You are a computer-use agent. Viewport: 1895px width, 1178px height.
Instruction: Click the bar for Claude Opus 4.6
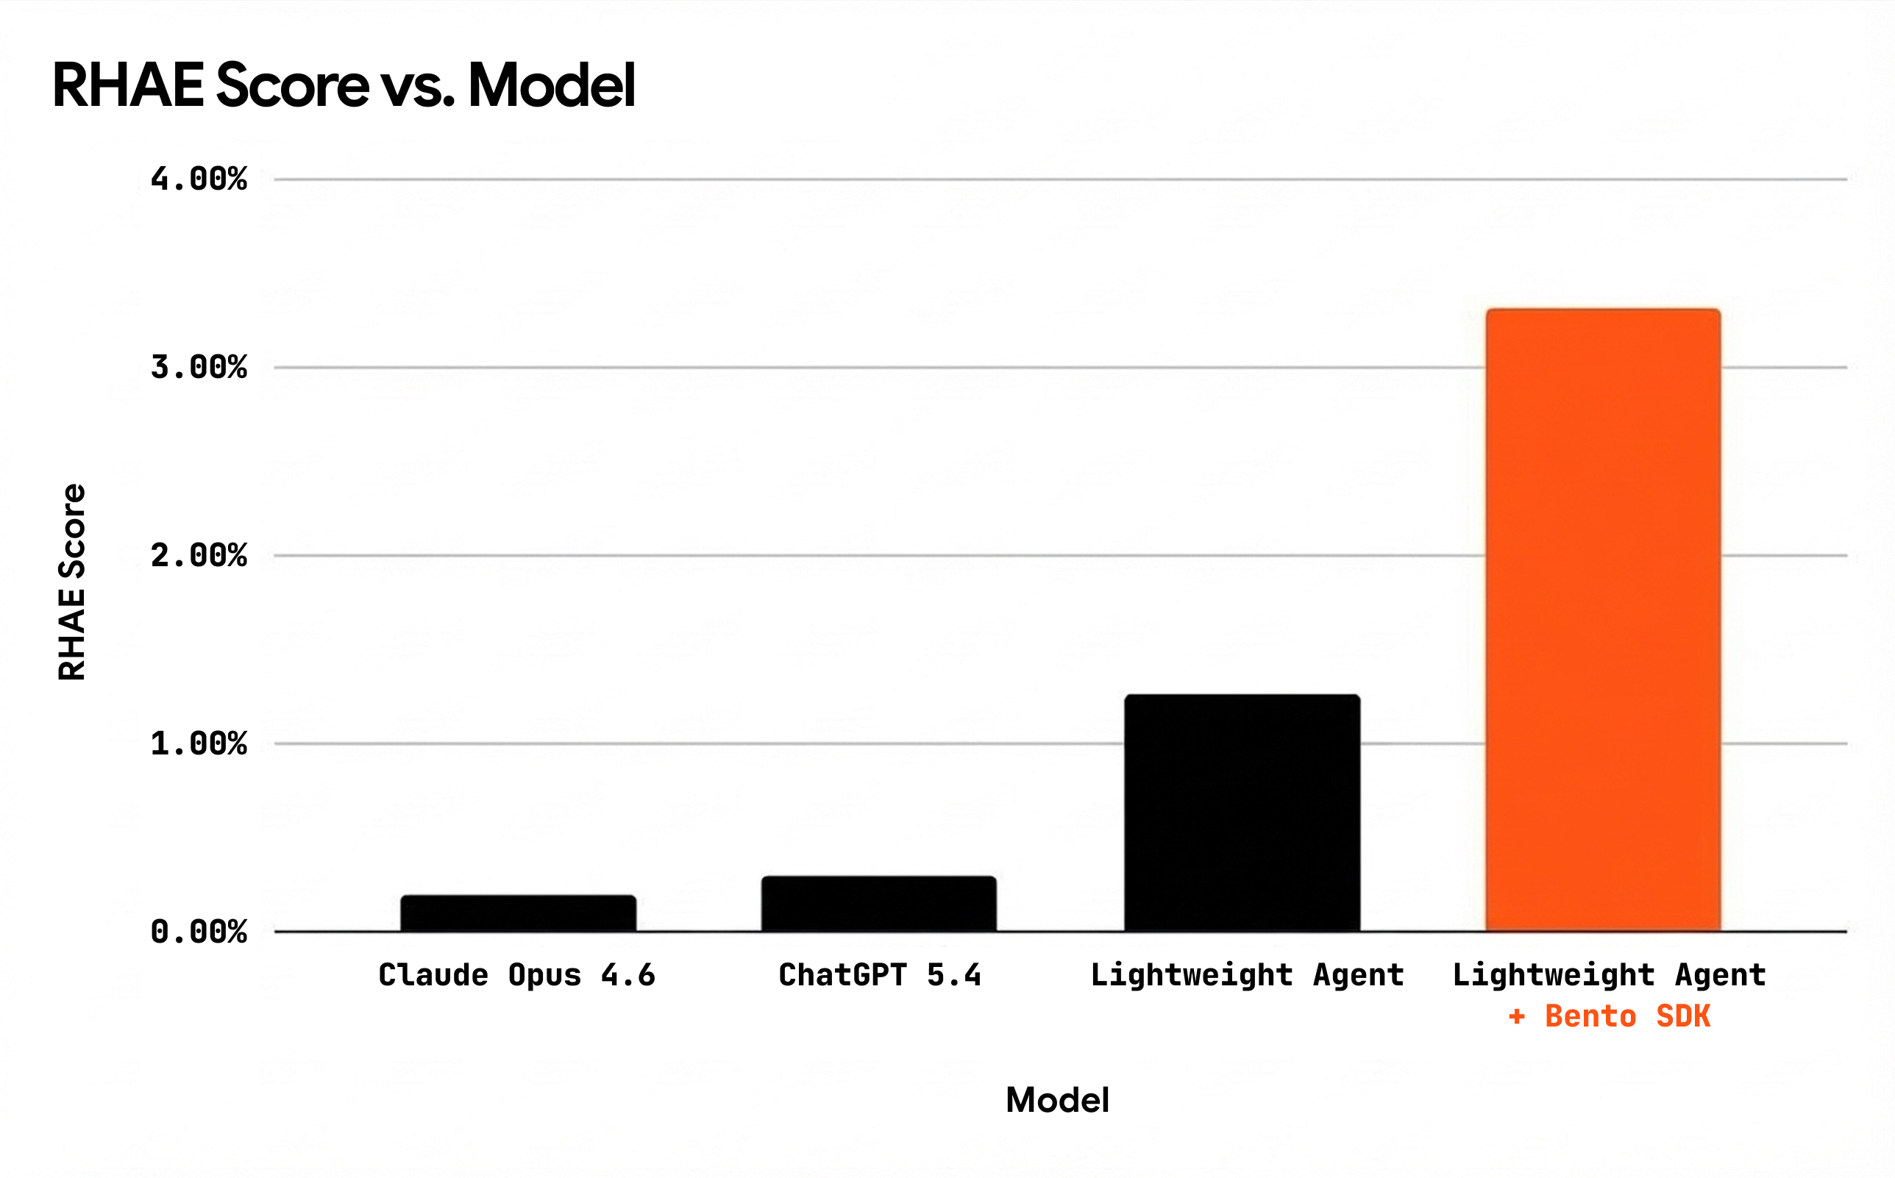point(518,913)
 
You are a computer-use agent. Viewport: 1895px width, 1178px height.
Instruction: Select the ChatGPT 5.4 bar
point(879,904)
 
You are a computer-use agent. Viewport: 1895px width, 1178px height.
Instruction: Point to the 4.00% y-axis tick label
point(199,179)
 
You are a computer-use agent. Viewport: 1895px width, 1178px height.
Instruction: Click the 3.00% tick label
point(199,367)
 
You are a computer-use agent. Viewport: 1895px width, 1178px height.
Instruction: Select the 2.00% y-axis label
point(199,555)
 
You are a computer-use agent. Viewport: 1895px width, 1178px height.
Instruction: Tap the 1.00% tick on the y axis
point(199,743)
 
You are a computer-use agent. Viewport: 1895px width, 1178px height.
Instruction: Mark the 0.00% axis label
point(199,932)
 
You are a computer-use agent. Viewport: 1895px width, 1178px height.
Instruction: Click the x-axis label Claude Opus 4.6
point(516,976)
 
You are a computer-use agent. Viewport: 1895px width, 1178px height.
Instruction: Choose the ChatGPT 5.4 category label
point(880,976)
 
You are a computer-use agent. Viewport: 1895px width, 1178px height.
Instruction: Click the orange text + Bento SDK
point(1610,1017)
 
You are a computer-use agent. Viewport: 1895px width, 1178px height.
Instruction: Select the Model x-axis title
point(1057,1100)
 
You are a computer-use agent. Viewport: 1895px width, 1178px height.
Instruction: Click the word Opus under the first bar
point(544,976)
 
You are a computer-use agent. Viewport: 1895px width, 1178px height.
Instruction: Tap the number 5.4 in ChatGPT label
point(953,976)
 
